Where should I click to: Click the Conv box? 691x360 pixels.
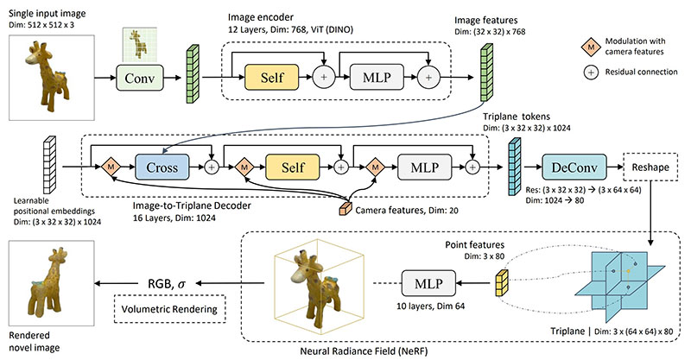coord(140,78)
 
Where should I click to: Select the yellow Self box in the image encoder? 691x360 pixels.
coord(271,78)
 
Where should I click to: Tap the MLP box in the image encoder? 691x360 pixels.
coord(377,78)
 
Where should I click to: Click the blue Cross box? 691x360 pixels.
coord(162,167)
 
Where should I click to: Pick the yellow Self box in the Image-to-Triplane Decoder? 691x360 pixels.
coord(293,167)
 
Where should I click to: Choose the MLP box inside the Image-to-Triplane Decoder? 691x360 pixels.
coord(424,167)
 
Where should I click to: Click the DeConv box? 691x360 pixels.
coord(574,167)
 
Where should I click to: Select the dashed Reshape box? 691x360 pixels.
coord(650,167)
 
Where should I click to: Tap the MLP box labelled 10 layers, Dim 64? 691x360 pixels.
coord(428,283)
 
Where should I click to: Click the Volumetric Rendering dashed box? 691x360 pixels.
coord(169,309)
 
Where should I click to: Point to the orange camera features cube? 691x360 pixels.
coord(345,209)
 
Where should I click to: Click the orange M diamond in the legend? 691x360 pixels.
coord(591,47)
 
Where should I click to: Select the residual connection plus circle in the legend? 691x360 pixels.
coord(591,73)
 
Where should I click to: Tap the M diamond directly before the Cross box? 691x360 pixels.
coord(111,167)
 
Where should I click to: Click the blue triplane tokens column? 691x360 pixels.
coord(515,167)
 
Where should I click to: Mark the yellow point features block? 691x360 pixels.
coord(502,282)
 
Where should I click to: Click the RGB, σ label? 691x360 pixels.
coord(167,284)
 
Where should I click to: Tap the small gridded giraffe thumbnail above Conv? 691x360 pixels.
coord(138,45)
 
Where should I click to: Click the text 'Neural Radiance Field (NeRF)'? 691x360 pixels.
coord(364,351)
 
